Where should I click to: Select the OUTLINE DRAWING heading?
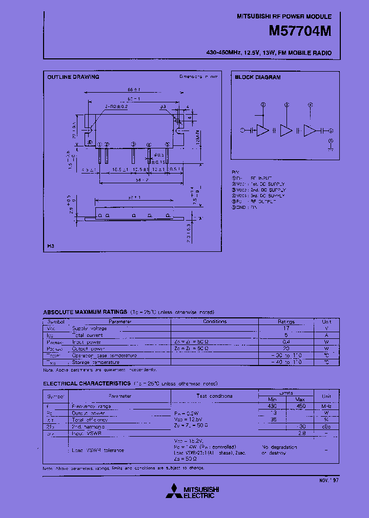pyautogui.click(x=73, y=77)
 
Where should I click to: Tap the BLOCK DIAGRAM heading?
pyautogui.click(x=258, y=77)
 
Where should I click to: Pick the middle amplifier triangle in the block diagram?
pyautogui.click(x=286, y=131)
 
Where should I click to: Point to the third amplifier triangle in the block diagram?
pyautogui.click(x=310, y=131)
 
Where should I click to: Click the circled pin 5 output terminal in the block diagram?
pyautogui.click(x=331, y=131)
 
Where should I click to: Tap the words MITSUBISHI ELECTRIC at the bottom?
pyautogui.click(x=199, y=492)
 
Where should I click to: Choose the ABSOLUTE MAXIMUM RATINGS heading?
pyautogui.click(x=85, y=312)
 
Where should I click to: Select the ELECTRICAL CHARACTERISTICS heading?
pyautogui.click(x=87, y=383)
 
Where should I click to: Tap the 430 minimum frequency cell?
pyautogui.click(x=272, y=406)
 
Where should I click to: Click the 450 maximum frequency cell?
pyautogui.click(x=301, y=406)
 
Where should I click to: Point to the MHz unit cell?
pyautogui.click(x=326, y=406)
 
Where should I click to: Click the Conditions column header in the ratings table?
pyautogui.click(x=215, y=321)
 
